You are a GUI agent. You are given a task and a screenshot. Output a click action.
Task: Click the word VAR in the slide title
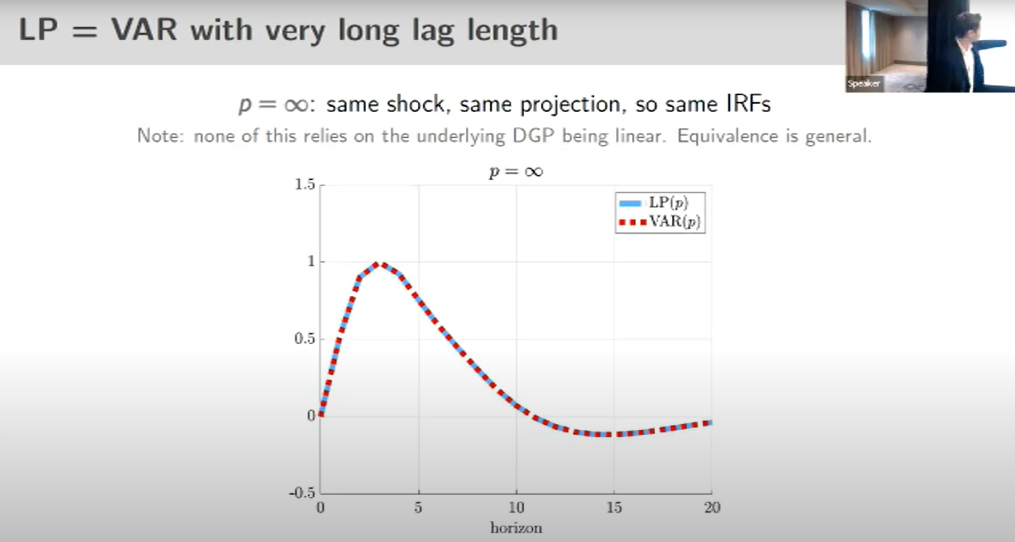point(144,29)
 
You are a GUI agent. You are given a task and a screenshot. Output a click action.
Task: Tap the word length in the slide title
point(512,31)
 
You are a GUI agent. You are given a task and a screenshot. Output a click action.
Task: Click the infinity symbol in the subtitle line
point(296,105)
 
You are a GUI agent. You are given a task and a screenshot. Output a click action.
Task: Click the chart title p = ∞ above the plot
point(516,172)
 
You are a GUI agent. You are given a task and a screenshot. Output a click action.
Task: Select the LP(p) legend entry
point(654,203)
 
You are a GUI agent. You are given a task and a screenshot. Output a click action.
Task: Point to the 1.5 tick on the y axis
point(305,184)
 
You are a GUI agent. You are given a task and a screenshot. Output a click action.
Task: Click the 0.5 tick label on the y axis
point(305,339)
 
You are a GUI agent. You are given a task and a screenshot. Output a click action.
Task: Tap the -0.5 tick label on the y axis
point(302,493)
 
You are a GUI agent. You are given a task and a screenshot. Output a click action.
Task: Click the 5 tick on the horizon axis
point(418,507)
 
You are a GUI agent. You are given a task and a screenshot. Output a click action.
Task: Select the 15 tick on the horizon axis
point(614,507)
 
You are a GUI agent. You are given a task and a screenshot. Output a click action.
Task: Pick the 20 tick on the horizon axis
point(712,507)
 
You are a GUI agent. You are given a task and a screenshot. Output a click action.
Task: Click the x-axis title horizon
point(516,528)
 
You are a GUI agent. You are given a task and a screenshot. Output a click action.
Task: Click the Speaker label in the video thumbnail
point(864,84)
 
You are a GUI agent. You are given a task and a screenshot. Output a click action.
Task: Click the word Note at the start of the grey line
point(157,136)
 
